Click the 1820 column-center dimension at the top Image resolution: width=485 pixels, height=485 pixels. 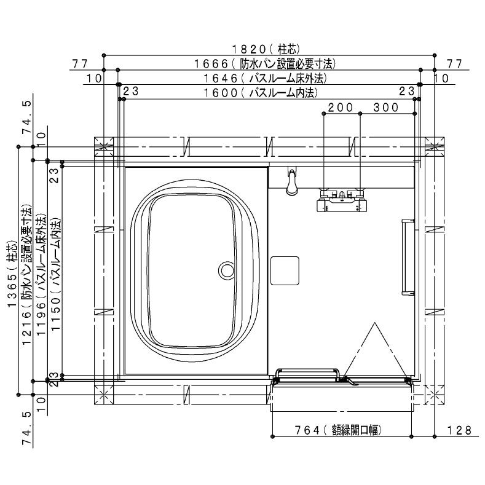point(266,49)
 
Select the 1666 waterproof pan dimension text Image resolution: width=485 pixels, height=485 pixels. point(264,64)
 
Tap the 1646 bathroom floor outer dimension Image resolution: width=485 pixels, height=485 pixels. point(265,78)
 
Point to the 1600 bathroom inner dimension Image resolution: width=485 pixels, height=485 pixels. point(261,92)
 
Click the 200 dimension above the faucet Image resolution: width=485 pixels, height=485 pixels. point(341,108)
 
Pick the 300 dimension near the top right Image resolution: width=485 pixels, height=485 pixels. point(385,108)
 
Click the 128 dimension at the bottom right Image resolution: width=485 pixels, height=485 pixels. point(459,430)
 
